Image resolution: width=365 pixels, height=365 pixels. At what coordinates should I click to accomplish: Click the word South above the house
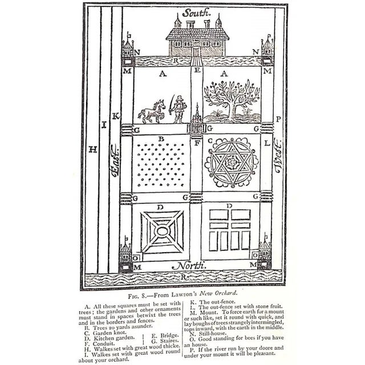pyautogui.click(x=196, y=11)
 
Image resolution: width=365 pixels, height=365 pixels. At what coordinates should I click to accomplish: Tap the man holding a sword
pyautogui.click(x=179, y=108)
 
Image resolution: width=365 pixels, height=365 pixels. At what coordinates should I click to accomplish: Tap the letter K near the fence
pyautogui.click(x=116, y=117)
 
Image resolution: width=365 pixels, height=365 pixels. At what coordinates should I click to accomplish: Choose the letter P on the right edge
pyautogui.click(x=278, y=119)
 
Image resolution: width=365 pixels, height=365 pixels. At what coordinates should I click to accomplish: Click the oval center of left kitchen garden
pyautogui.click(x=162, y=232)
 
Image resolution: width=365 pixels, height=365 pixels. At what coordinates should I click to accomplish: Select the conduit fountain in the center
pyautogui.click(x=197, y=121)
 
